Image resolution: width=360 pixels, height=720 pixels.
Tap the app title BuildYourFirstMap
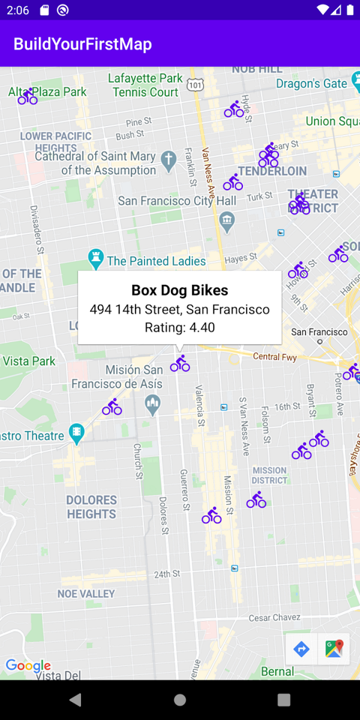[x=82, y=44]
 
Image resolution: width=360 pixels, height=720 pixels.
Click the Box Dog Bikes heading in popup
[x=180, y=290]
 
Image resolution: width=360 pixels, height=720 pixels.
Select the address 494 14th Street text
[x=180, y=309]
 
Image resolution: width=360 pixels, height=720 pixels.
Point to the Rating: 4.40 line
[x=180, y=327]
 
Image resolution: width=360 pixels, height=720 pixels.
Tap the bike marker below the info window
[x=180, y=364]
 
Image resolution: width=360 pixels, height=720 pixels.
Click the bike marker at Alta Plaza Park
[x=28, y=97]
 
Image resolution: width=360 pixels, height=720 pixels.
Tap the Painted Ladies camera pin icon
[x=95, y=259]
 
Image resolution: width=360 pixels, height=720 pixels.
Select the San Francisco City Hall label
[x=177, y=201]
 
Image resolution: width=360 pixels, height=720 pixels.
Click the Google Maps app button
[x=334, y=649]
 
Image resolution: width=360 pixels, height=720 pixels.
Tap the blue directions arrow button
[x=301, y=649]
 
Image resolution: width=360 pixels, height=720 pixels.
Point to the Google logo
[x=28, y=665]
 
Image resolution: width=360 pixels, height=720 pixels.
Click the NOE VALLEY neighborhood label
[x=86, y=593]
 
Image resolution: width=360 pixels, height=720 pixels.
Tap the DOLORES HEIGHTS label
[x=91, y=507]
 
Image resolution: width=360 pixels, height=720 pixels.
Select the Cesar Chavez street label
[x=274, y=618]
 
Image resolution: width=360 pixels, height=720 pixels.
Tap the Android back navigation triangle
[x=75, y=700]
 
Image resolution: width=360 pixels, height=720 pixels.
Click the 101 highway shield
[x=195, y=85]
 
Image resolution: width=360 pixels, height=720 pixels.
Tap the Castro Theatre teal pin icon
[x=76, y=433]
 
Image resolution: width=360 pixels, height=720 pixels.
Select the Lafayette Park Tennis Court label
[x=145, y=85]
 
